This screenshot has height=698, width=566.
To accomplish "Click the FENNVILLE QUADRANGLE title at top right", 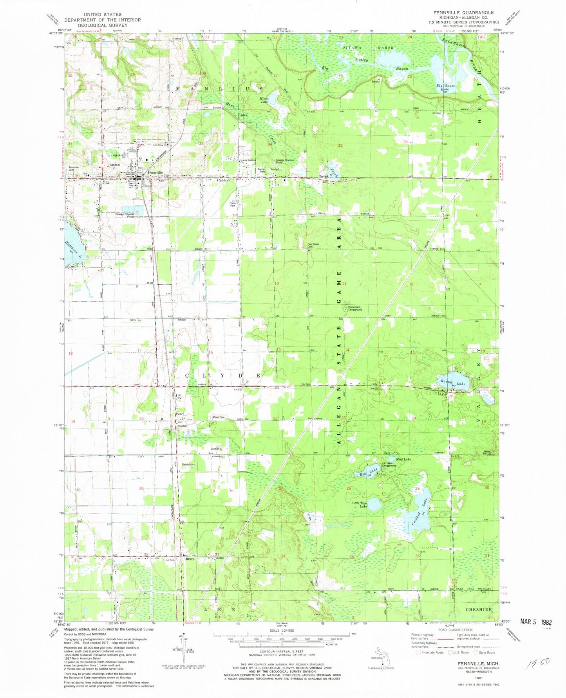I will pyautogui.click(x=463, y=13).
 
